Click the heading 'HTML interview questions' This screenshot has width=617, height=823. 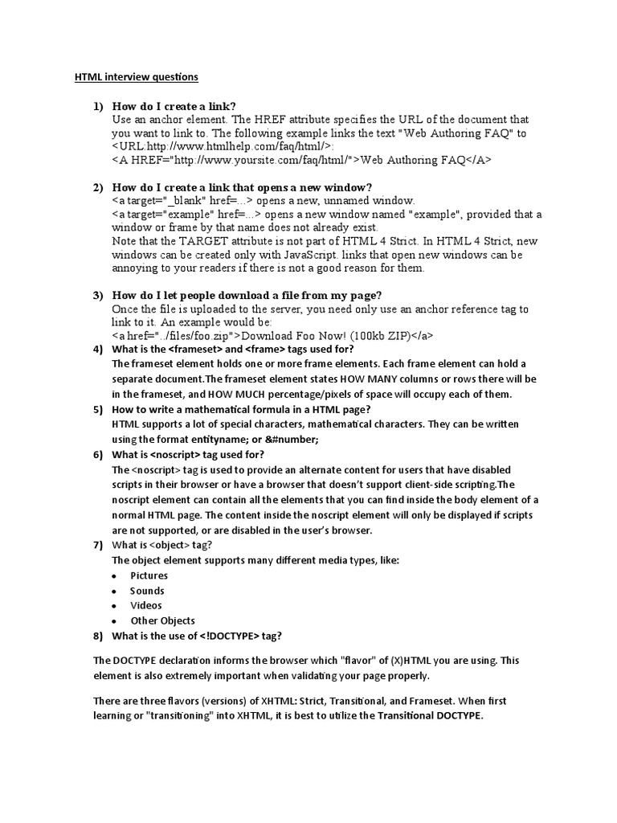(136, 77)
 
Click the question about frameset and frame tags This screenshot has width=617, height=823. (232, 349)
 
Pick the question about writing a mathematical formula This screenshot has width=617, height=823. (241, 408)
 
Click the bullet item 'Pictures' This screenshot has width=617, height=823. (149, 575)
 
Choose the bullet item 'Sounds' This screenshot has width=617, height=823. (147, 591)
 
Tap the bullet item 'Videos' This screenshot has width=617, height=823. (146, 605)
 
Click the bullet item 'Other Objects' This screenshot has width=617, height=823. (162, 620)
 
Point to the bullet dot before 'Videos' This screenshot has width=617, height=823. (116, 606)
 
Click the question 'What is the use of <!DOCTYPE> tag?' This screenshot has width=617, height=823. (197, 636)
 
